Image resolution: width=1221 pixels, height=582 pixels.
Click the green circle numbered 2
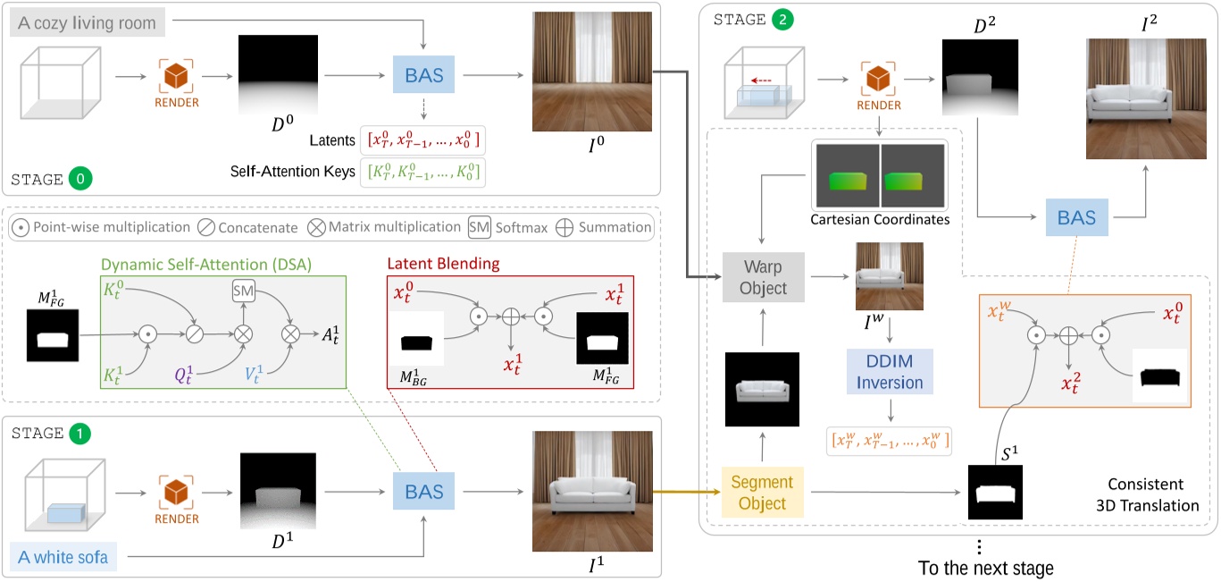(x=775, y=17)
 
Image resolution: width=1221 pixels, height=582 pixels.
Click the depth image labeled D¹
(x=278, y=492)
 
